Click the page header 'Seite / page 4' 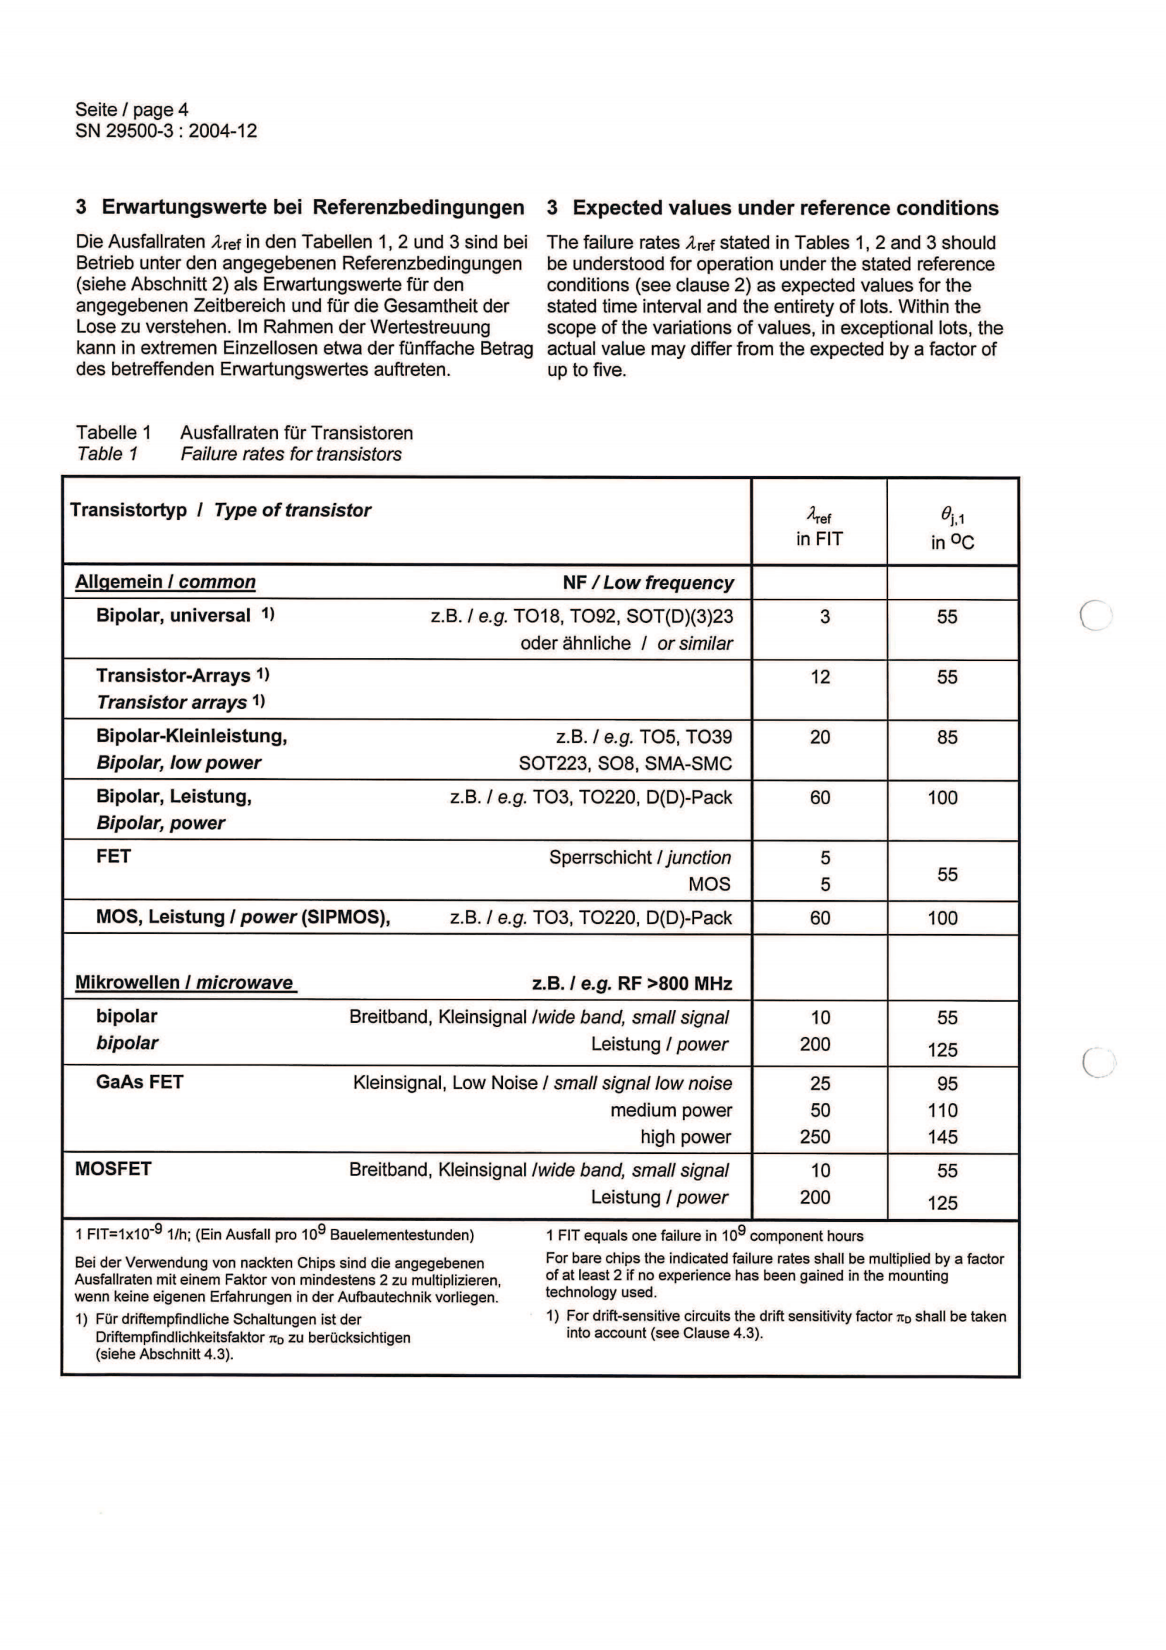131,110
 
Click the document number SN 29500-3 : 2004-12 166,131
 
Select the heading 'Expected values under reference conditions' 785,208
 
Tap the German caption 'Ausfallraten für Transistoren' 296,432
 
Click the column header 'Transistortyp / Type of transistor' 221,510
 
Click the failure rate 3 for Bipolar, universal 825,617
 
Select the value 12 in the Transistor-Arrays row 820,677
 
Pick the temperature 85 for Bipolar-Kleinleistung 947,737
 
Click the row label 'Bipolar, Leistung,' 174,796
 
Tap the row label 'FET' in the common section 114,856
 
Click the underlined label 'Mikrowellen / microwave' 185,983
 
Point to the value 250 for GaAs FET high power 815,1137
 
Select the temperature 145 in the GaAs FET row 942,1137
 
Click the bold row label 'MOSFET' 113,1169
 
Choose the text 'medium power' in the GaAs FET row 671,1110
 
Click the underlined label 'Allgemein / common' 165,582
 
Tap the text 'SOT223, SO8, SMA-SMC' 625,763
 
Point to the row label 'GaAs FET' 140,1082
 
